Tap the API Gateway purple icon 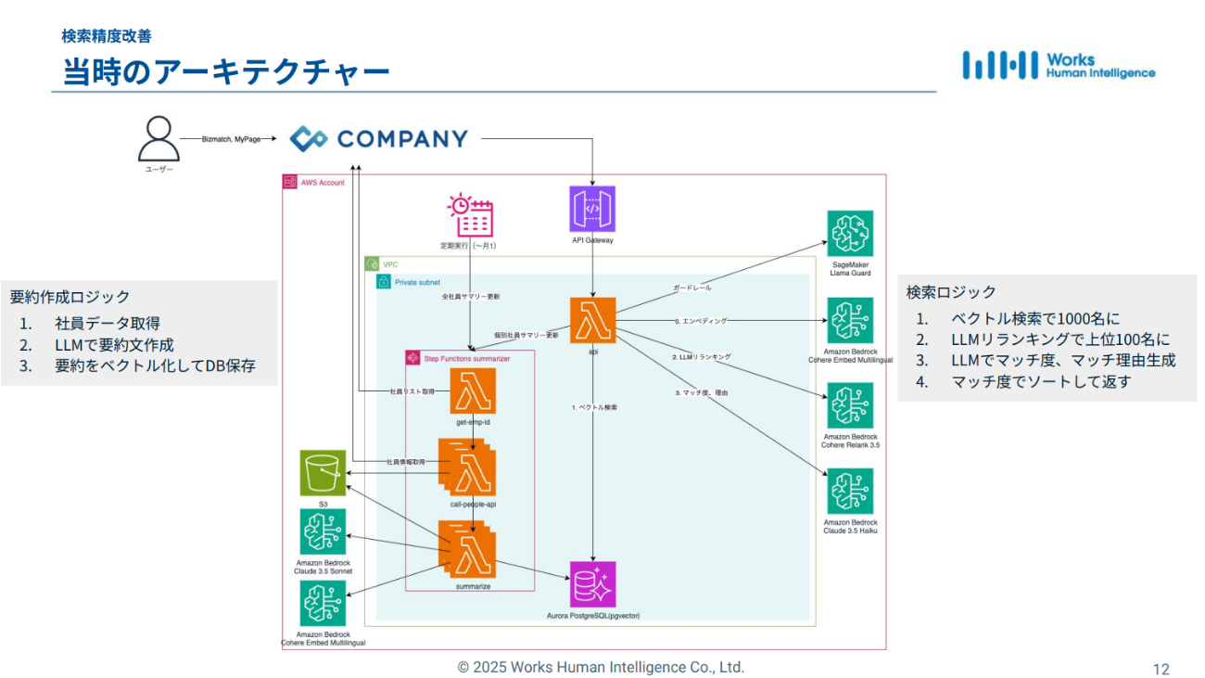click(592, 209)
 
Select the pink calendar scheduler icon click(470, 216)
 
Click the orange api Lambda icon click(592, 321)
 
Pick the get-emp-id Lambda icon click(473, 390)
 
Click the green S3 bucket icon click(323, 473)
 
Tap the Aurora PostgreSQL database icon click(593, 584)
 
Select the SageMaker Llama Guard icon click(850, 234)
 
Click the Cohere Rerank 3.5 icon click(850, 405)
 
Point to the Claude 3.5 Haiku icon click(850, 492)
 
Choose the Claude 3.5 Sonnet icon click(323, 531)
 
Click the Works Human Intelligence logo click(1059, 65)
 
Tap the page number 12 click(1161, 669)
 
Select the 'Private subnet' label click(416, 282)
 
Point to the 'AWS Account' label click(322, 183)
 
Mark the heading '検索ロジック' click(951, 292)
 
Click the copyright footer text click(601, 667)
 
